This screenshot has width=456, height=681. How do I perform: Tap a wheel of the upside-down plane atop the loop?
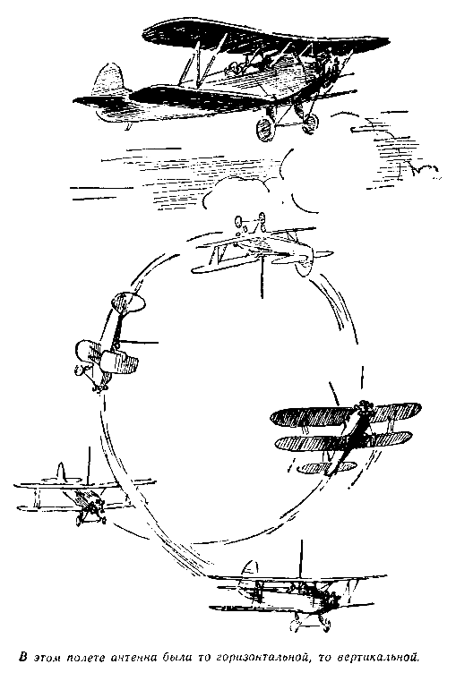pos(237,222)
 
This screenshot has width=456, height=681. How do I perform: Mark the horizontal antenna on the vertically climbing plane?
pos(138,343)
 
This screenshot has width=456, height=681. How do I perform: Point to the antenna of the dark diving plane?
pos(334,393)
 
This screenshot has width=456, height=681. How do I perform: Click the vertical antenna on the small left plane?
pos(89,465)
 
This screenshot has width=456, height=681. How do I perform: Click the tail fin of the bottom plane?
pos(249,570)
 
